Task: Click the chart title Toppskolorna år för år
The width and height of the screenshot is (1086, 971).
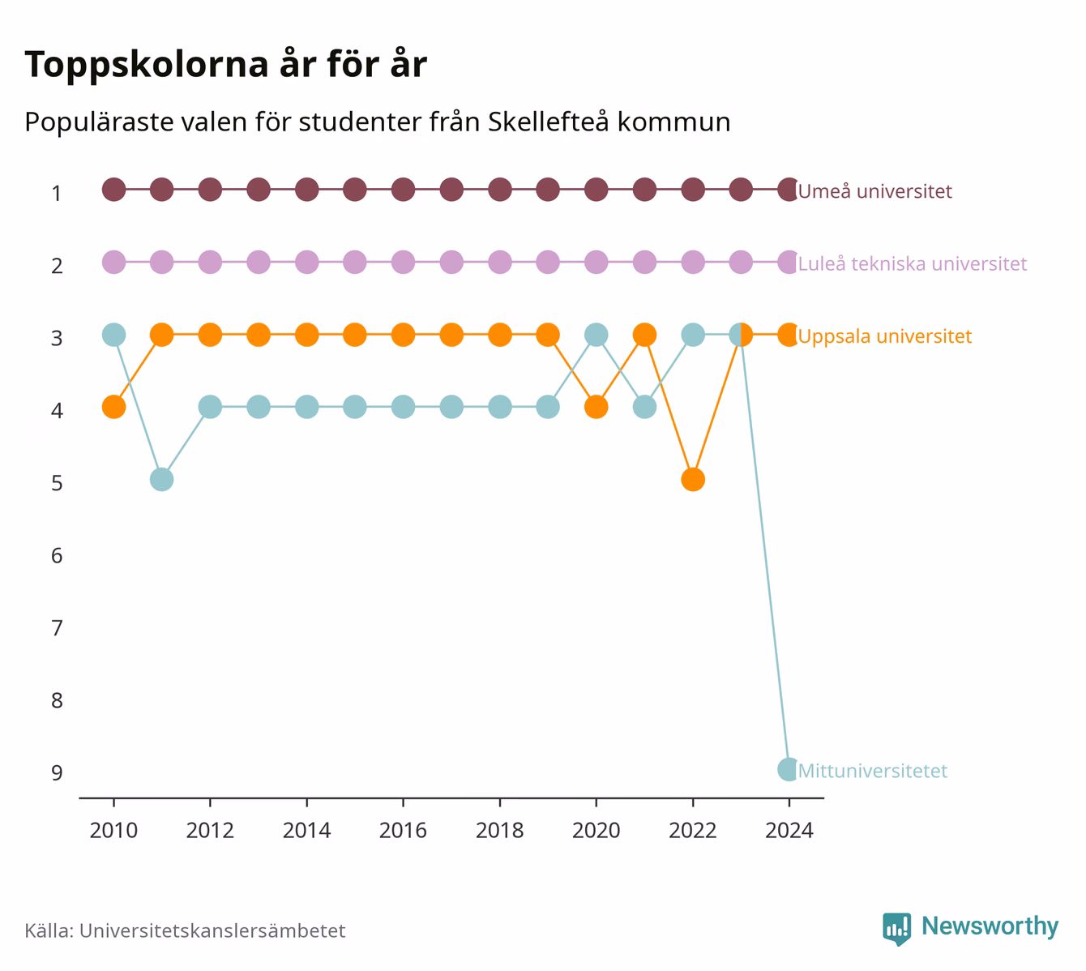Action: (x=225, y=65)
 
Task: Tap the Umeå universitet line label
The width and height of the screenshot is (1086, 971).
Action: (x=874, y=191)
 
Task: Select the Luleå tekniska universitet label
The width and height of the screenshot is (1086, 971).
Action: (x=913, y=263)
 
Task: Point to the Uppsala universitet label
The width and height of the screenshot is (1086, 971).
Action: (x=884, y=336)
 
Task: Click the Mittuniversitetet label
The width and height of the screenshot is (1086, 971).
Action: (x=873, y=771)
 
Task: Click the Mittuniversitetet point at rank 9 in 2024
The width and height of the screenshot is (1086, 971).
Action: (x=789, y=769)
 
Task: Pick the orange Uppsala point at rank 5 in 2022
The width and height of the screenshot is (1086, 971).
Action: (x=693, y=479)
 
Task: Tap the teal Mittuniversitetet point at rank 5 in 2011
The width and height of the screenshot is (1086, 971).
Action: (x=162, y=479)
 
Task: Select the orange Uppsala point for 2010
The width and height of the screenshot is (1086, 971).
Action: (x=113, y=407)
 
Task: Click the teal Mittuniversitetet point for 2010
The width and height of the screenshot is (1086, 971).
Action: (x=113, y=335)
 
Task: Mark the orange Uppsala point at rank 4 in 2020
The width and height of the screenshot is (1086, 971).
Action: (x=596, y=407)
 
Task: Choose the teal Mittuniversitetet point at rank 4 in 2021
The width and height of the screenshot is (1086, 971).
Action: (x=644, y=407)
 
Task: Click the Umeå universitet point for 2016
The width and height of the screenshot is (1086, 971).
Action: (x=403, y=190)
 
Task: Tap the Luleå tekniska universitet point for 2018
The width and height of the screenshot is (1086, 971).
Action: (x=499, y=262)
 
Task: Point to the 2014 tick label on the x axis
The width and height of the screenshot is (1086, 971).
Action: (x=306, y=831)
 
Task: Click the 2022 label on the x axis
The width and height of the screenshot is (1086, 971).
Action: (x=693, y=831)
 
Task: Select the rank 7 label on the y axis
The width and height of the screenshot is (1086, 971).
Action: (x=57, y=628)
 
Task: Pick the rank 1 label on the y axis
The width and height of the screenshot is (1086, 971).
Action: (x=57, y=194)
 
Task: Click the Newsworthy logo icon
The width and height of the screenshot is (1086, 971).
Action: (x=897, y=929)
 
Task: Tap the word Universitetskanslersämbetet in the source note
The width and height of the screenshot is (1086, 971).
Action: (x=212, y=930)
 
